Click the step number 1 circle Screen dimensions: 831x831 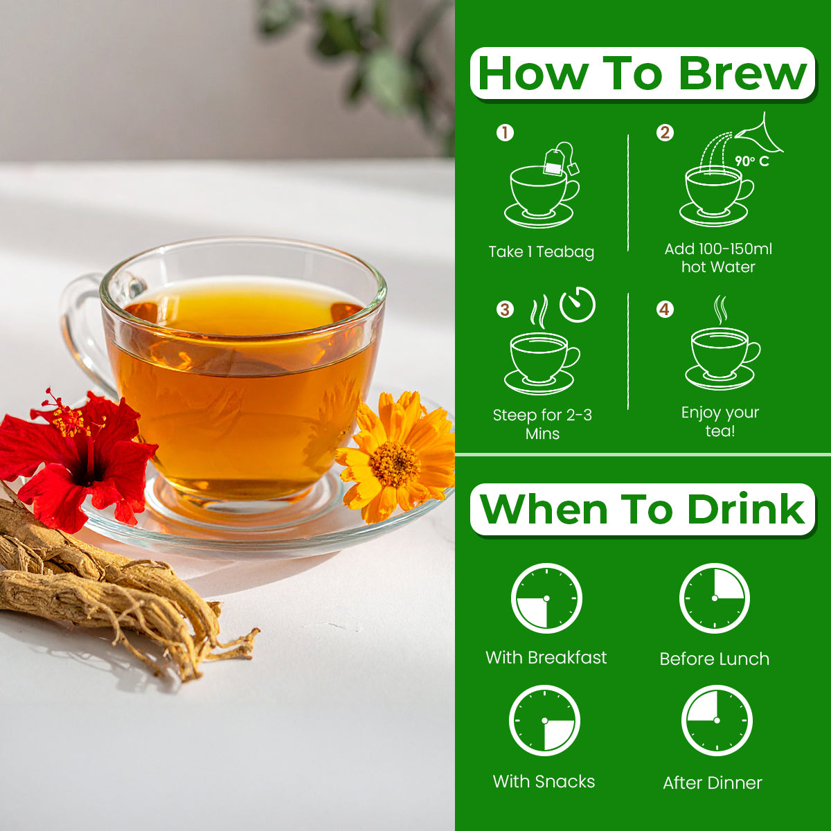point(505,133)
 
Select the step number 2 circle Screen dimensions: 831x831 point(665,133)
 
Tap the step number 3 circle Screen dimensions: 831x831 point(505,309)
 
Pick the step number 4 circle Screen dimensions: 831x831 point(665,309)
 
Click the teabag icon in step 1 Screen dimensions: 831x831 point(561,159)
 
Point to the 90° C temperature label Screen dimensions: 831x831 point(752,161)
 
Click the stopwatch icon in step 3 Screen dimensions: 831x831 point(578,305)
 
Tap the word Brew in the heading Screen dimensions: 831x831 point(742,74)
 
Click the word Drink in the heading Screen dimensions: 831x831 point(746,509)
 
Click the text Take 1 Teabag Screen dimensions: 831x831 point(542,252)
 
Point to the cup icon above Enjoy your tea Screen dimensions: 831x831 point(722,359)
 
